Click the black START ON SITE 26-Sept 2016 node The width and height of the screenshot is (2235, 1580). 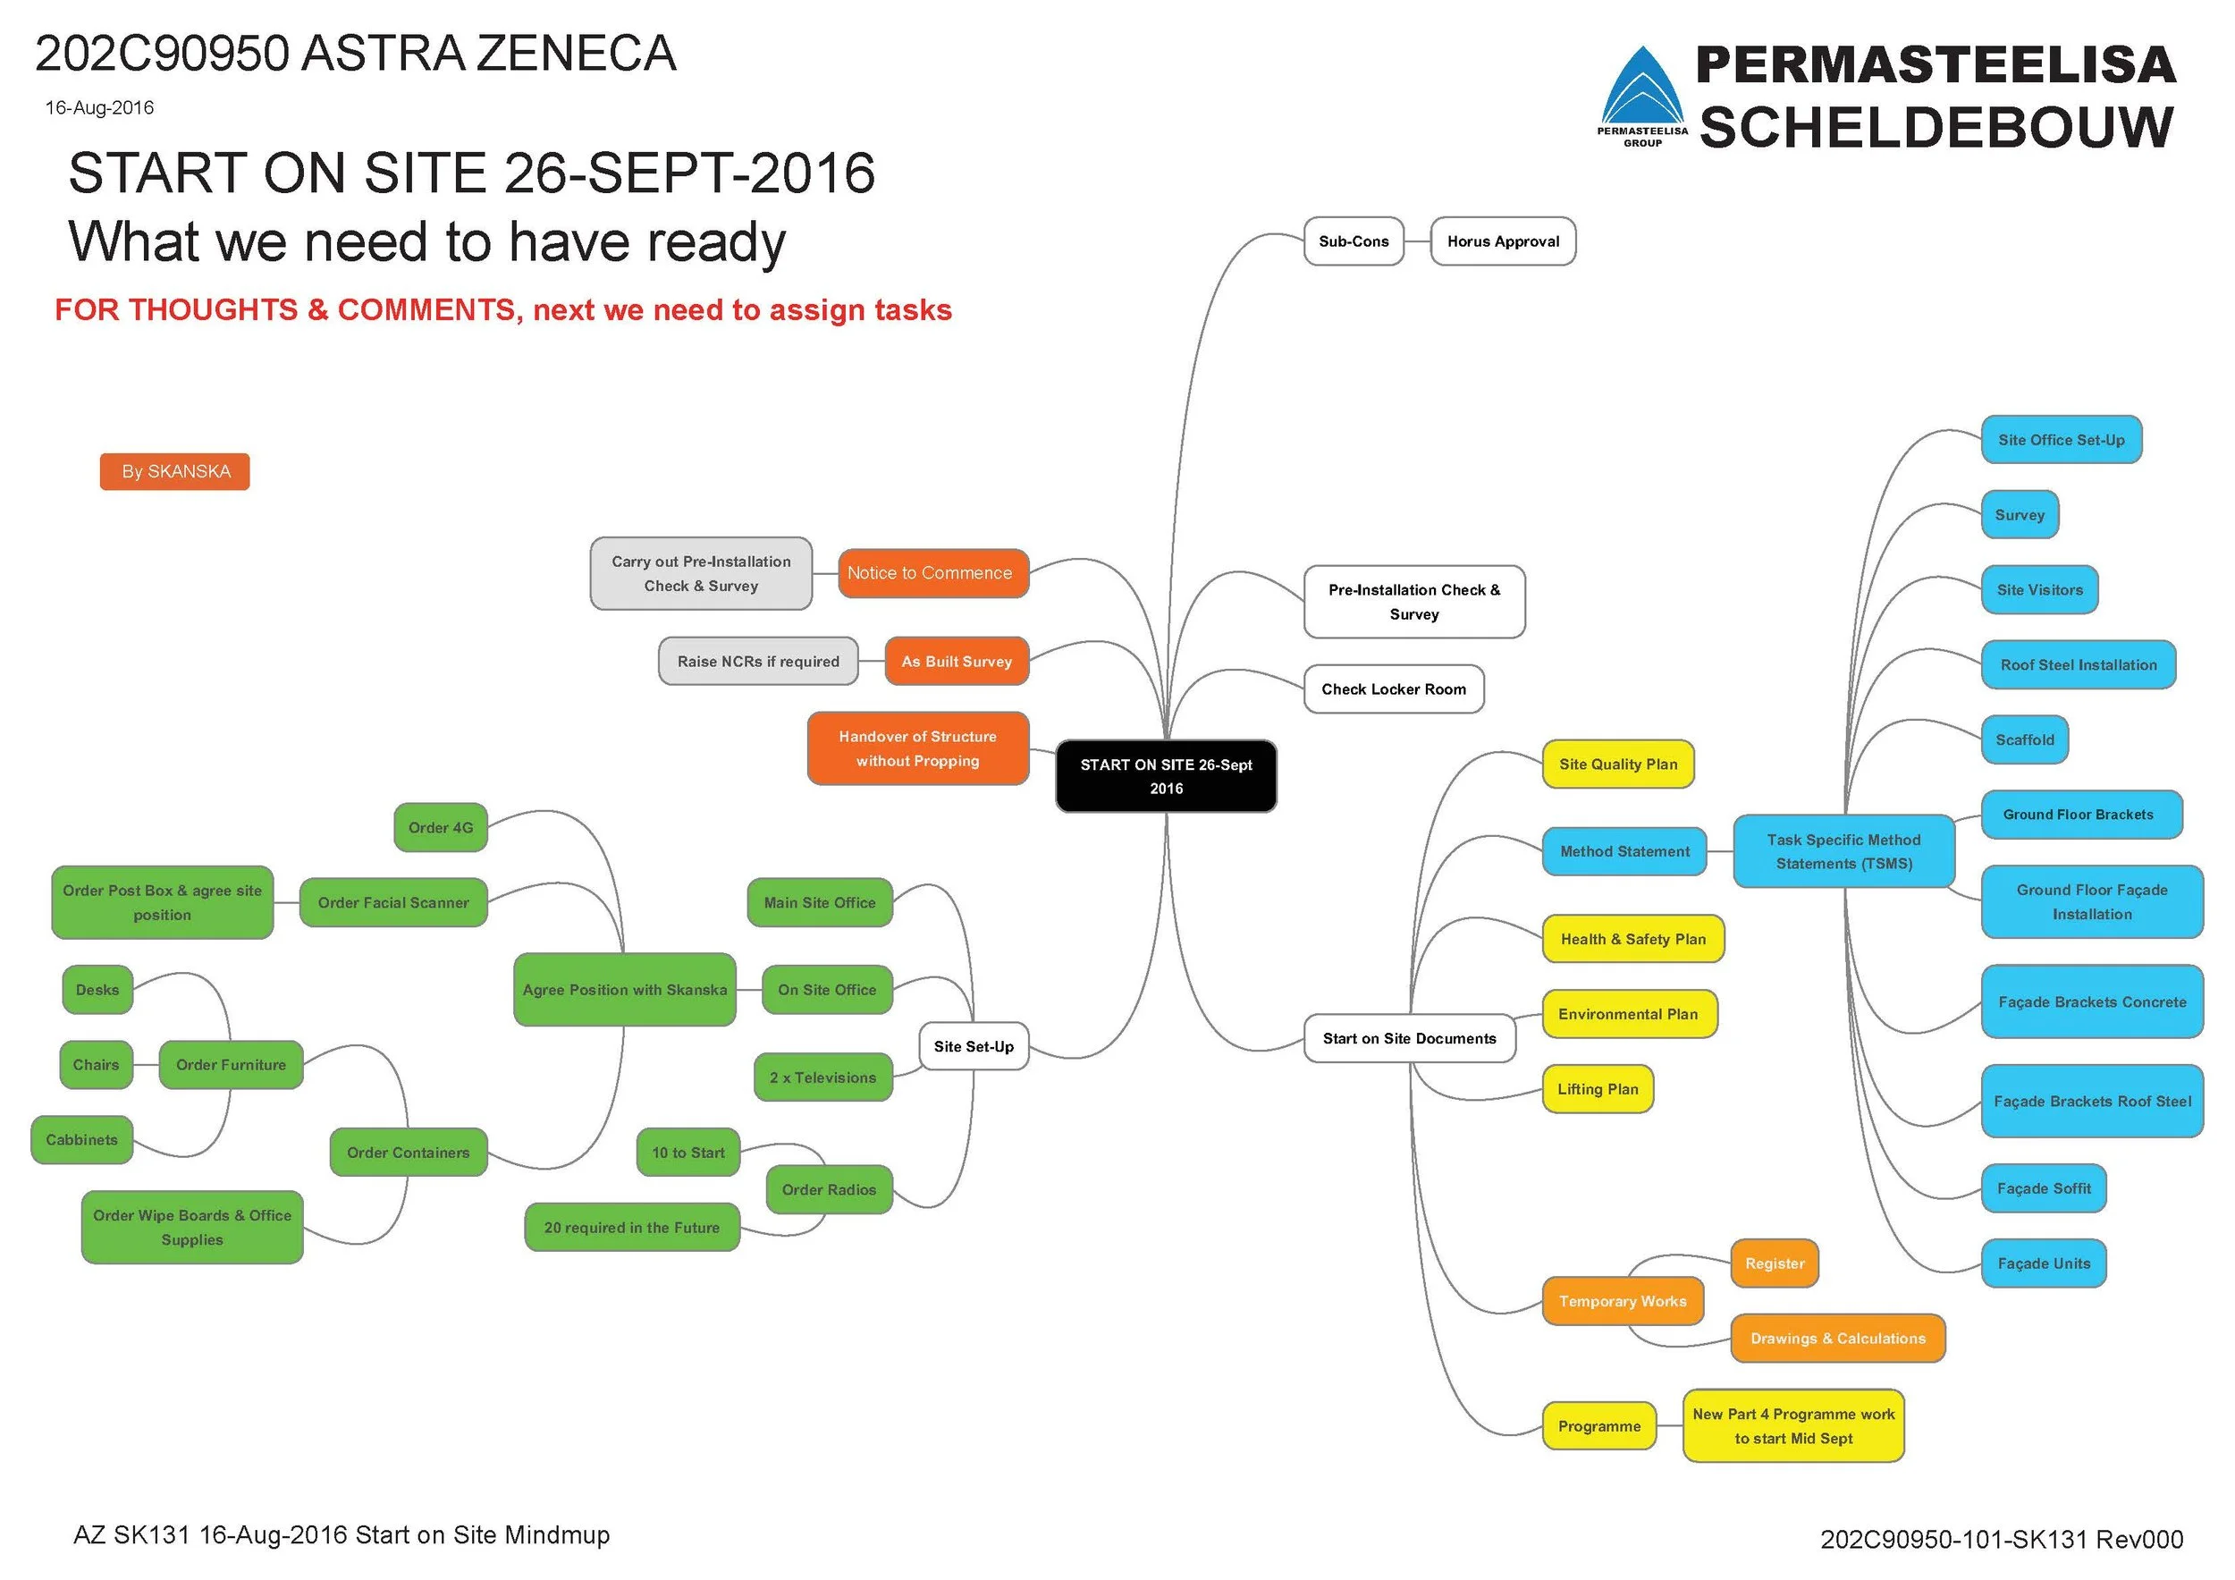point(1165,776)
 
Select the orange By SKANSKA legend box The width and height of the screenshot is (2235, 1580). point(175,471)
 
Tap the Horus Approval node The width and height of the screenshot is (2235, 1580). point(1502,241)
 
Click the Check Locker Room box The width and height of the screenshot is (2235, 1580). point(1393,689)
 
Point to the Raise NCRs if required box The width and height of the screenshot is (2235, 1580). point(757,662)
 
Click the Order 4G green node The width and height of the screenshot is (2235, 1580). point(440,827)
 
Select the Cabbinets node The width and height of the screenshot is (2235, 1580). point(81,1140)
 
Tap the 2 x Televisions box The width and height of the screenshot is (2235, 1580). point(822,1077)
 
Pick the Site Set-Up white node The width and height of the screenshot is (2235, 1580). point(974,1046)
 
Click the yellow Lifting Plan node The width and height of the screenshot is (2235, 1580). point(1598,1089)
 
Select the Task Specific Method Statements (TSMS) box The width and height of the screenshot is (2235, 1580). point(1843,852)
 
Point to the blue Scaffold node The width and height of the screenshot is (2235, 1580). point(2024,739)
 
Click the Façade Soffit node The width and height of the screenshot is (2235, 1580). point(2043,1188)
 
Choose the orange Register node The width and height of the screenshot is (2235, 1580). point(1774,1263)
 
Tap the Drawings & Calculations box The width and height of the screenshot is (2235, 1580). point(1837,1339)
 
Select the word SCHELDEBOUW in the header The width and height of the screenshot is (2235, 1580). point(1936,129)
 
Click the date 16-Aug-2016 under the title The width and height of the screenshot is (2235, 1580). point(99,108)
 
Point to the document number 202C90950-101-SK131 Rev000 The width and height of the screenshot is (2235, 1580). point(2002,1539)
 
